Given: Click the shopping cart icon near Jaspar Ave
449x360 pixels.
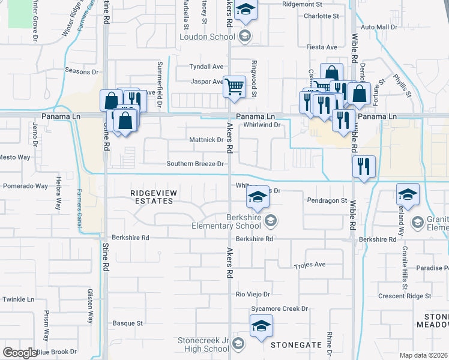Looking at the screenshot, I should coord(234,86).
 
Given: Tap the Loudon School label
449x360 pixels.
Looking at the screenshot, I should coord(207,37).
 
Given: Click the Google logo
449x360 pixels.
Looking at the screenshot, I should coord(19,353).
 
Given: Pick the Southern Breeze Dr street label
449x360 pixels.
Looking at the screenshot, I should coord(195,164).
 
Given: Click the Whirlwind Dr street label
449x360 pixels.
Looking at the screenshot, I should coord(262,125).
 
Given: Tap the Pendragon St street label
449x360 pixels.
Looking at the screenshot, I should coord(327,200).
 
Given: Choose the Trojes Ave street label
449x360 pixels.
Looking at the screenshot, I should coord(310,265).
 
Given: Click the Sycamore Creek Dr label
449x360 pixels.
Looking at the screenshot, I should coord(280,308).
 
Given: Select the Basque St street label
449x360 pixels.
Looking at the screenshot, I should coord(127,323).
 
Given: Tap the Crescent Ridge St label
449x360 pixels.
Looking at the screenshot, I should coord(405,296).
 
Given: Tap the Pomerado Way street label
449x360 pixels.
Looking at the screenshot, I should coord(25,186).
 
